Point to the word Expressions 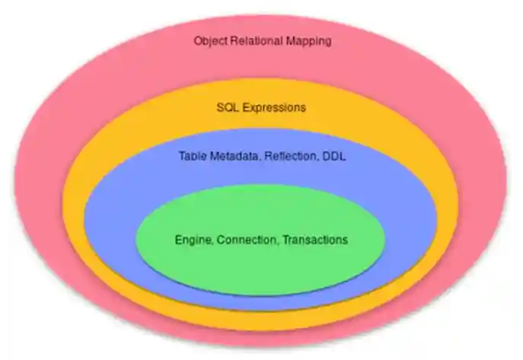click(273, 107)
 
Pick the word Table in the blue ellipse click(192, 156)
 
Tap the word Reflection click(290, 156)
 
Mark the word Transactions click(314, 240)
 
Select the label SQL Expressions click(261, 107)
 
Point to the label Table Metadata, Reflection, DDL click(261, 156)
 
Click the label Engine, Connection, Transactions click(261, 240)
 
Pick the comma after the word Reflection click(317, 160)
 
